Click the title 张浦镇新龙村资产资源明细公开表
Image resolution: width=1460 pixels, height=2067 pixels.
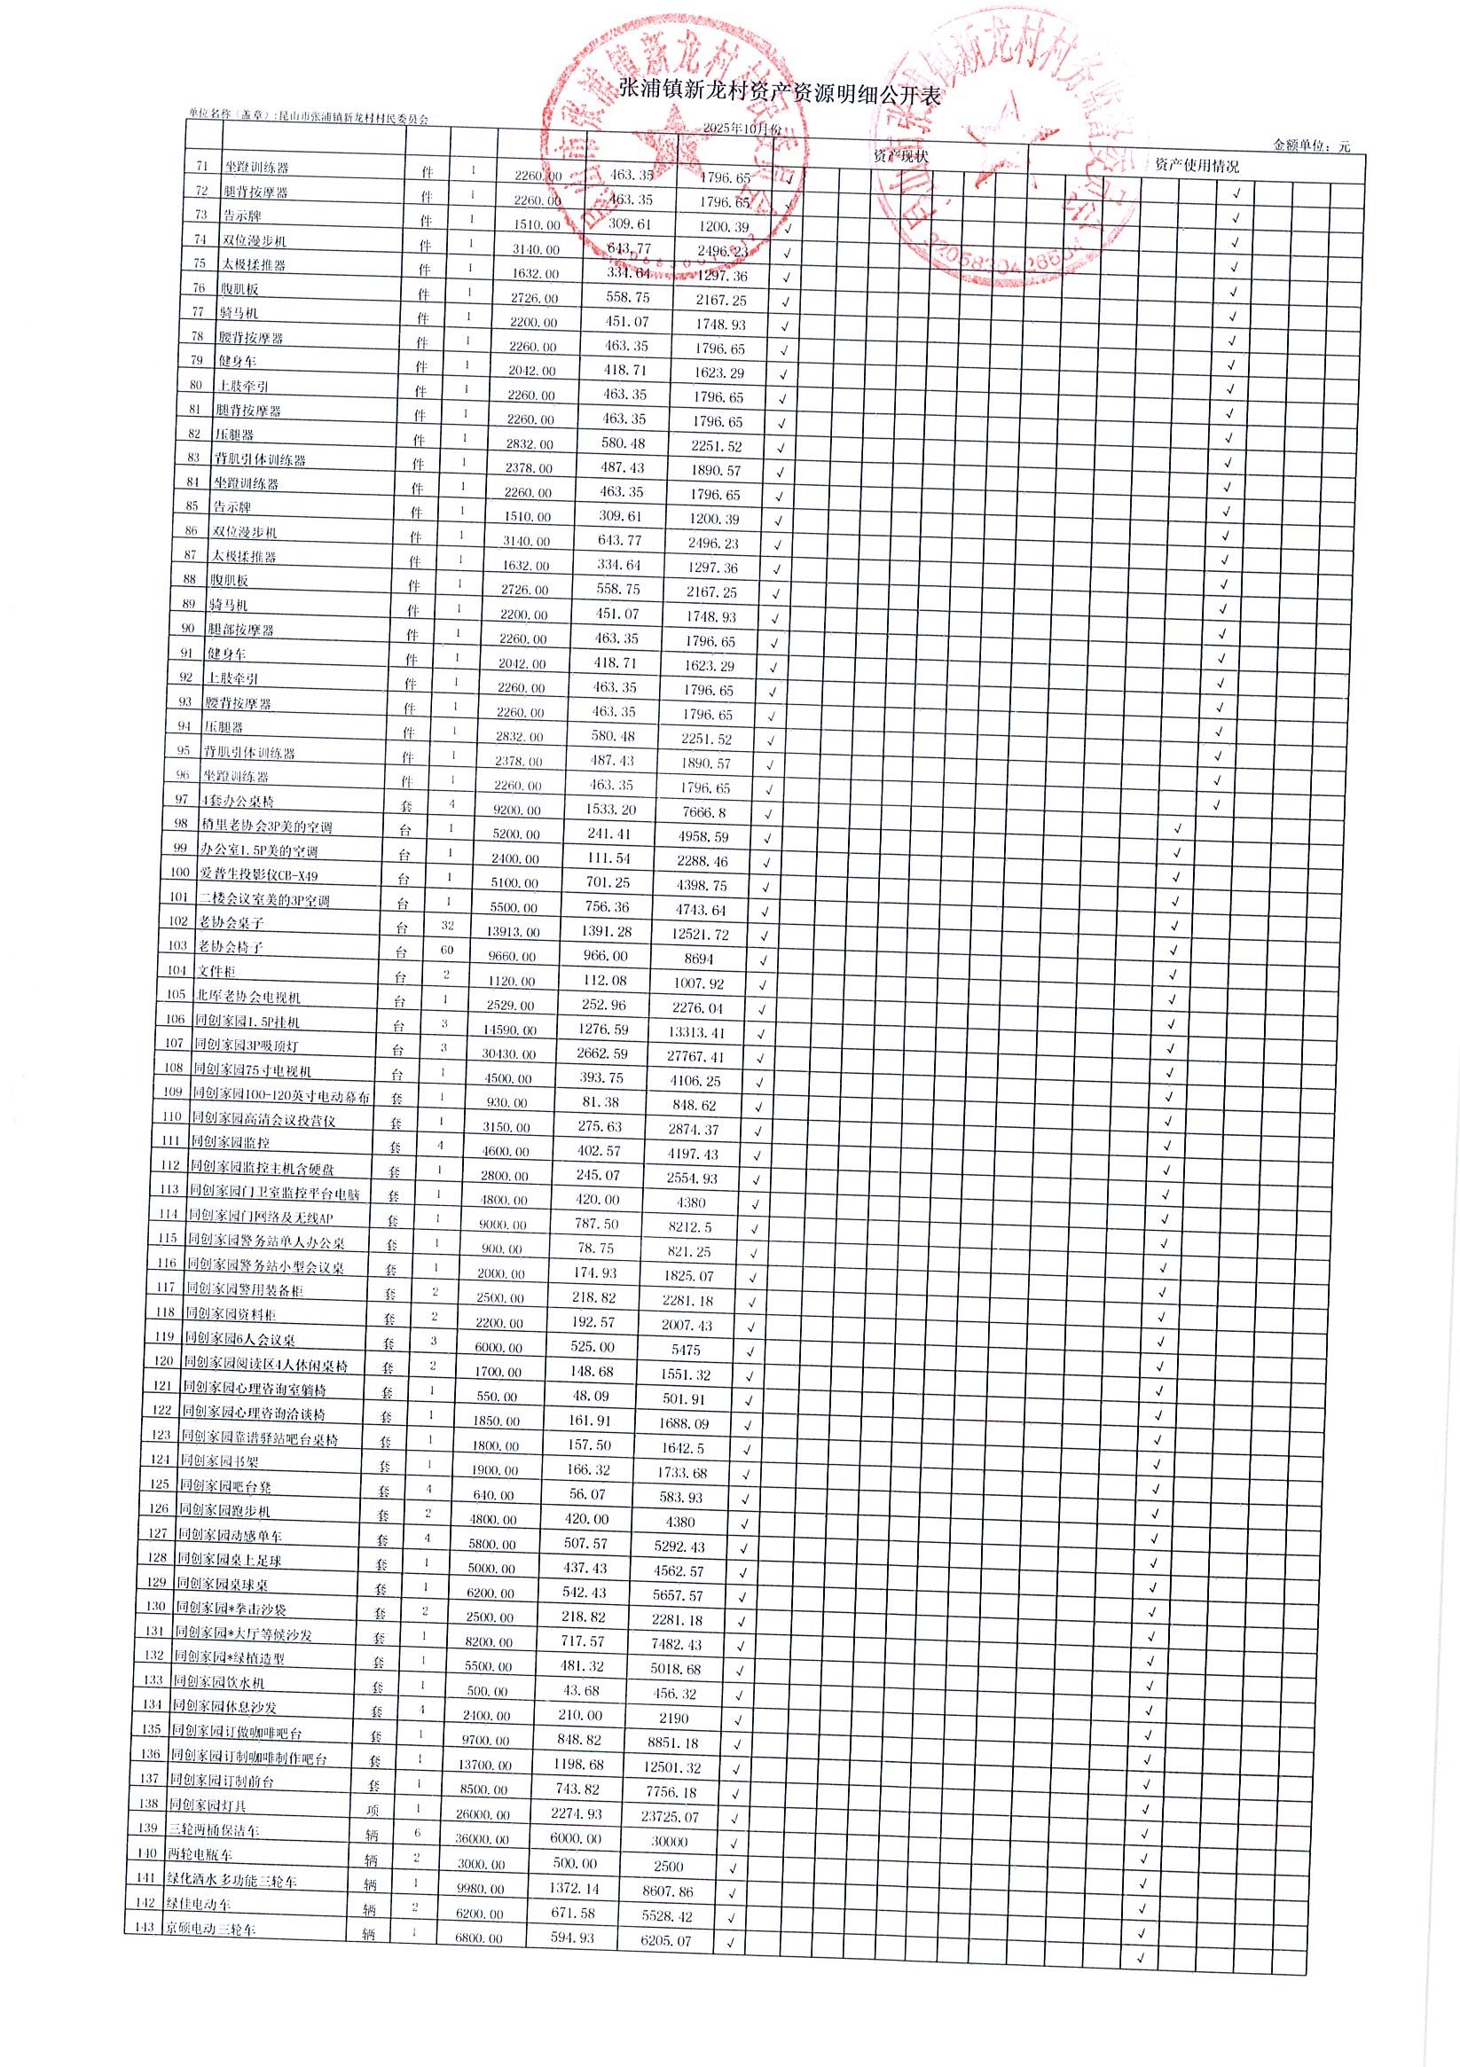coord(780,91)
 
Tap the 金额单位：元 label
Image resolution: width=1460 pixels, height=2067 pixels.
coord(1310,145)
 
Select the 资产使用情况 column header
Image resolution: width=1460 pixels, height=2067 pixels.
coord(1196,166)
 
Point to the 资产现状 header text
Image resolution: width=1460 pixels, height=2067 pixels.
coord(900,156)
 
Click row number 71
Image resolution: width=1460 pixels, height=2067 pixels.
coord(201,167)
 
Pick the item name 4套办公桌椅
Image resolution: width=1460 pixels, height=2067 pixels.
coord(238,801)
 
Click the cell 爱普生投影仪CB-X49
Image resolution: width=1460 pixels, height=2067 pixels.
coord(258,874)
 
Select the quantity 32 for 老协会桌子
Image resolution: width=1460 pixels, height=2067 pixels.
coord(447,926)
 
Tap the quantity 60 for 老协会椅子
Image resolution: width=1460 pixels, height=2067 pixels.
coord(447,950)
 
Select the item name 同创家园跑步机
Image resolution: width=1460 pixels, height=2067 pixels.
coord(224,1510)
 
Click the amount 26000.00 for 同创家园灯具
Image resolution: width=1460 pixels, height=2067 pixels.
coord(483,1815)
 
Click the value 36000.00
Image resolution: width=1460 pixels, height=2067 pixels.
coord(482,1839)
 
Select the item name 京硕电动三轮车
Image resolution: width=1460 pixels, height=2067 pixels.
coord(210,1929)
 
